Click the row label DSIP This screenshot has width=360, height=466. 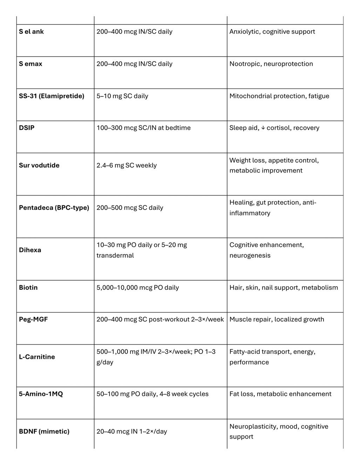27,128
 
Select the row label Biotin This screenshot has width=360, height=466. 28,288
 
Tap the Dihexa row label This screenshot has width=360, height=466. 30,250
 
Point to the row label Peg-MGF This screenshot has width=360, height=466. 33,320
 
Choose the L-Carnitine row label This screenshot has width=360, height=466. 37,357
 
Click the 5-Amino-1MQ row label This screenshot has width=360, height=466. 41,394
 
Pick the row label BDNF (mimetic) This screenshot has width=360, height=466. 44,432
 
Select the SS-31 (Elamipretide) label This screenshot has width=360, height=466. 52,96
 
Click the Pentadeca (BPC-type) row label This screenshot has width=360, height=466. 54,208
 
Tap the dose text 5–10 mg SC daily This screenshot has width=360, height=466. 122,96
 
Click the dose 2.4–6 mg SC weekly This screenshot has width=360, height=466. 127,165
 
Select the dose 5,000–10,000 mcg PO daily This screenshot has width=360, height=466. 138,288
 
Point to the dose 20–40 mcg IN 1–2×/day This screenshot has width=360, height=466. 132,432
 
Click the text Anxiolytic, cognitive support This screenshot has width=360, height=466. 272,32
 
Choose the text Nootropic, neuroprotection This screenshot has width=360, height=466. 271,64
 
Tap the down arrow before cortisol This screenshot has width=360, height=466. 263,128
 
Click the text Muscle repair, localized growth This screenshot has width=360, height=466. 277,320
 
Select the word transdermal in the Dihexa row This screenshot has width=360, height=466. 115,255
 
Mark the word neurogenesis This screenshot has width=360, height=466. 250,255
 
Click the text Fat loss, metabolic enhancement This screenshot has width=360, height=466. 280,394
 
